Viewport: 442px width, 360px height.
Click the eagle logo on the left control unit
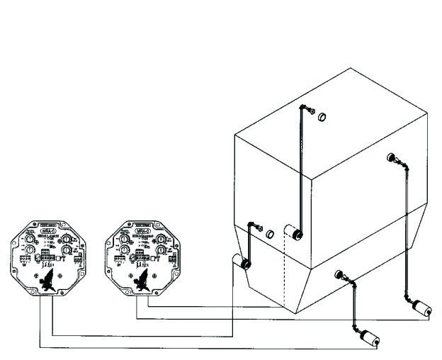[x=47, y=281]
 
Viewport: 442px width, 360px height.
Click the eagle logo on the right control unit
[x=142, y=280]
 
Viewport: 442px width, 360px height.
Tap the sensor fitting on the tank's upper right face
[x=390, y=157]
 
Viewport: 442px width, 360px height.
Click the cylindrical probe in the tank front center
[x=293, y=233]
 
